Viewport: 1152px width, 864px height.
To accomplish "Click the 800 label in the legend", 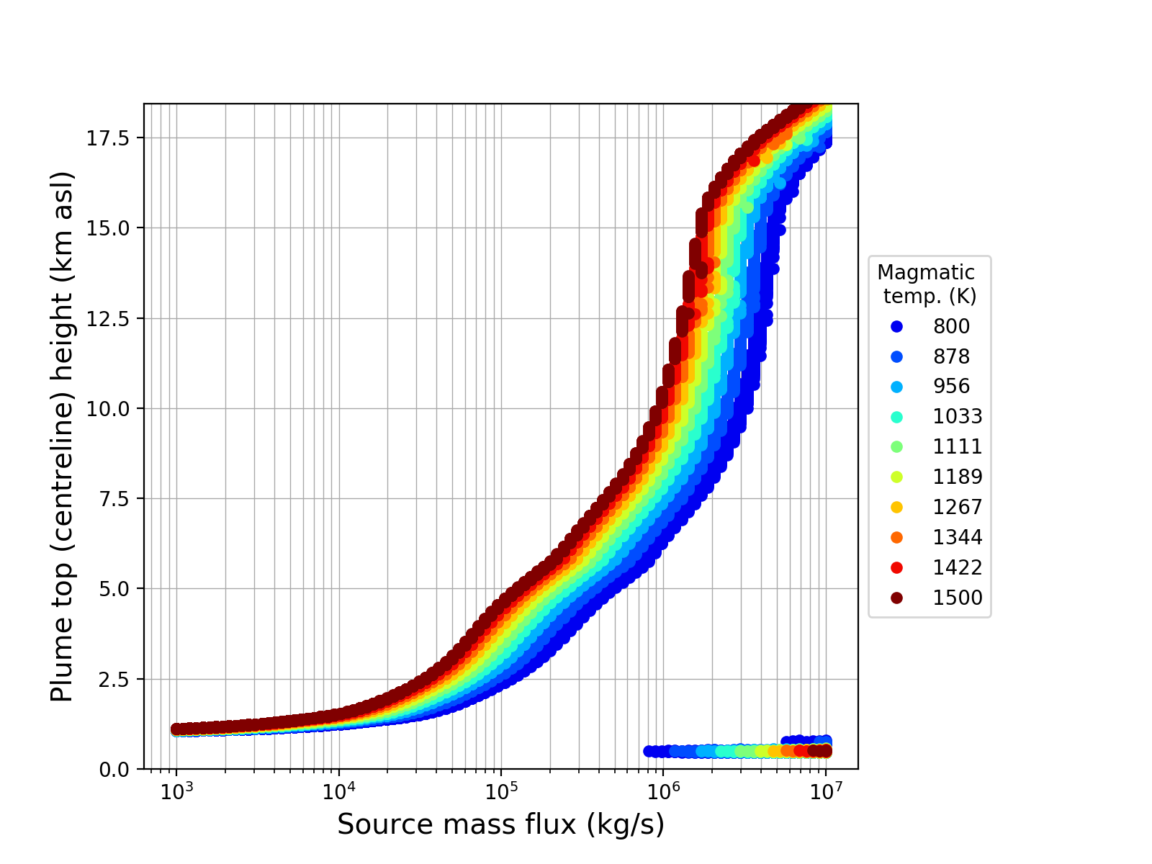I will (951, 326).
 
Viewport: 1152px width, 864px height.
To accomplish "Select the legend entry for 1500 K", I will (958, 598).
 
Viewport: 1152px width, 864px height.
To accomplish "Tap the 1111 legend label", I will (958, 446).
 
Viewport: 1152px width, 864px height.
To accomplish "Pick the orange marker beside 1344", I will (896, 537).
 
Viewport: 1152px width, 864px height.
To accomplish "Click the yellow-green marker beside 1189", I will (896, 477).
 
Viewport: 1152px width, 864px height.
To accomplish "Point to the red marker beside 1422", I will (896, 567).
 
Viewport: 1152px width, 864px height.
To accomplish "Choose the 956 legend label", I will (951, 386).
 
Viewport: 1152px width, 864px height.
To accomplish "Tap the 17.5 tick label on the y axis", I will (110, 138).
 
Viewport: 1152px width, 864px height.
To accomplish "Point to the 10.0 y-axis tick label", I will (110, 409).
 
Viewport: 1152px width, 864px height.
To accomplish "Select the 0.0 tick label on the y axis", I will (115, 770).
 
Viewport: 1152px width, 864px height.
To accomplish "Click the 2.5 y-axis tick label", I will (115, 680).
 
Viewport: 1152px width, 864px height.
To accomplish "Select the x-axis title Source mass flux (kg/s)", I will (500, 825).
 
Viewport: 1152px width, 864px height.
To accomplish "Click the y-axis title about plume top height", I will (63, 436).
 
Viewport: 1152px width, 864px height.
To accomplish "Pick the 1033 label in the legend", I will (958, 416).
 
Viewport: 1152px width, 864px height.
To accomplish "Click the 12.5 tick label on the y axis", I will (110, 319).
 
